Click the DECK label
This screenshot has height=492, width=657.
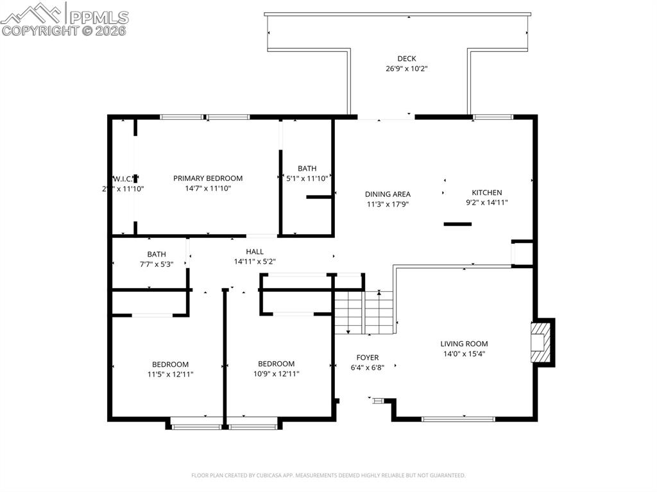tap(406, 59)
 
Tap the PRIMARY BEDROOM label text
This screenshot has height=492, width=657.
tap(208, 178)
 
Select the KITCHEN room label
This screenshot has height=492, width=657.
tap(487, 192)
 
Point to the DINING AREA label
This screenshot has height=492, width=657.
tap(388, 194)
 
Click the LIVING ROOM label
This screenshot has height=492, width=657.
tap(464, 344)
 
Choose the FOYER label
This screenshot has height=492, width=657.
tap(367, 358)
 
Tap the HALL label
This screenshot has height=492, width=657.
tap(255, 252)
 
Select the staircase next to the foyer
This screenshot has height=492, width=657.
tap(363, 312)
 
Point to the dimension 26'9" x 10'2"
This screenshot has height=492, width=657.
tap(406, 68)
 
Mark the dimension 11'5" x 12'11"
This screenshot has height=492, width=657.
tap(170, 374)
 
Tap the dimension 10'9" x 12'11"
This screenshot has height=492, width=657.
tap(276, 373)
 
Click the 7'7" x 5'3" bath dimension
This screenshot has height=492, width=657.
tap(156, 264)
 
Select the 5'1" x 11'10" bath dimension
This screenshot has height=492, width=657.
tap(307, 178)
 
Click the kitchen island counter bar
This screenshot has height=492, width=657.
tap(457, 224)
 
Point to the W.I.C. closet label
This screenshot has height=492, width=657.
tap(123, 178)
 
